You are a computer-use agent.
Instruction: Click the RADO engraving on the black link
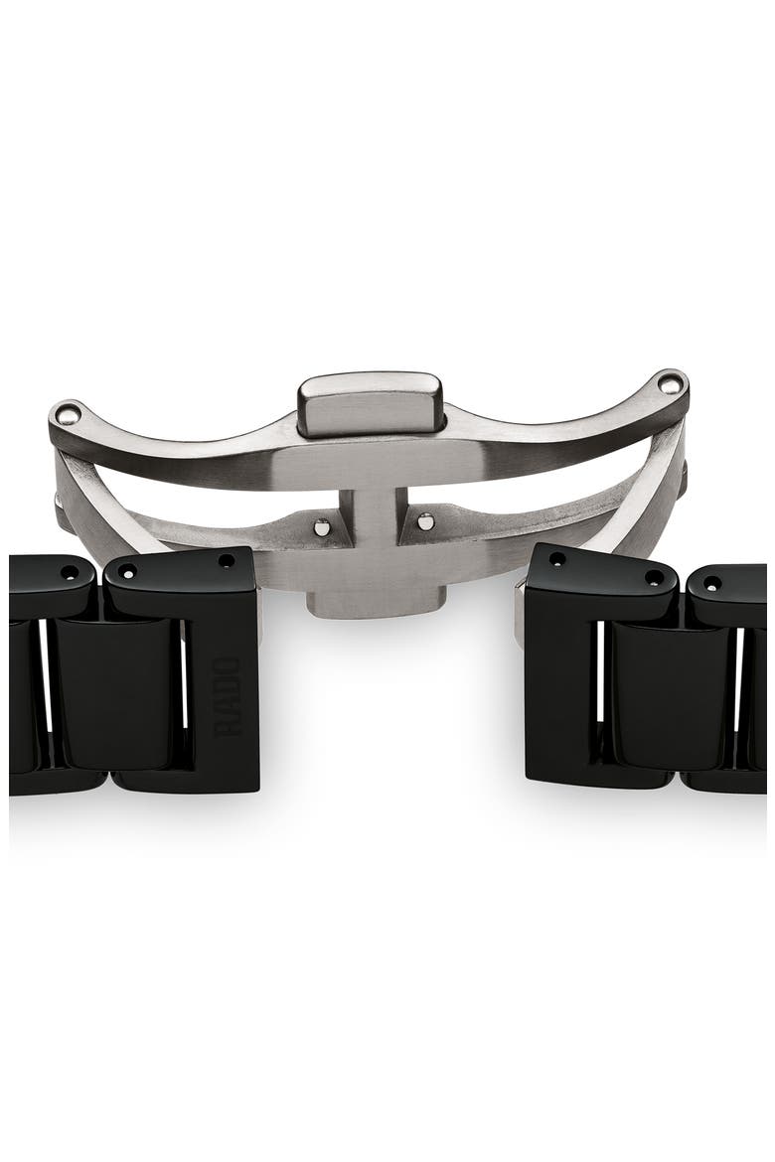229,695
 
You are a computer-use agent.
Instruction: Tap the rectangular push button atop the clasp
370,405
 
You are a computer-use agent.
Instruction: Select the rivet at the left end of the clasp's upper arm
68,413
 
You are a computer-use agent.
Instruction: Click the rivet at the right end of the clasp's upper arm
670,383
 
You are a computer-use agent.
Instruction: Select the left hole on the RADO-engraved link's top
127,571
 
